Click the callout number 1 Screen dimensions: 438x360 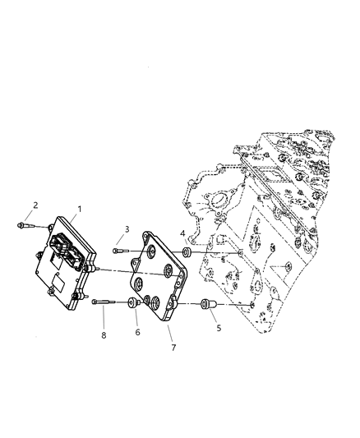point(80,210)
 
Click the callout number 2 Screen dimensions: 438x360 point(35,205)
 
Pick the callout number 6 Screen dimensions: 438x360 point(138,332)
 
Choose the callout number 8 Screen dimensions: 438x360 point(104,335)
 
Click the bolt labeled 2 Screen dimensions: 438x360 point(24,223)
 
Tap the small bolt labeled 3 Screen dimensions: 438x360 point(121,250)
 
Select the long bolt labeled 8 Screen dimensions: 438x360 point(102,303)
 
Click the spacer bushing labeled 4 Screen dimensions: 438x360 point(187,253)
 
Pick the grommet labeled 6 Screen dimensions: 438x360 point(132,304)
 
